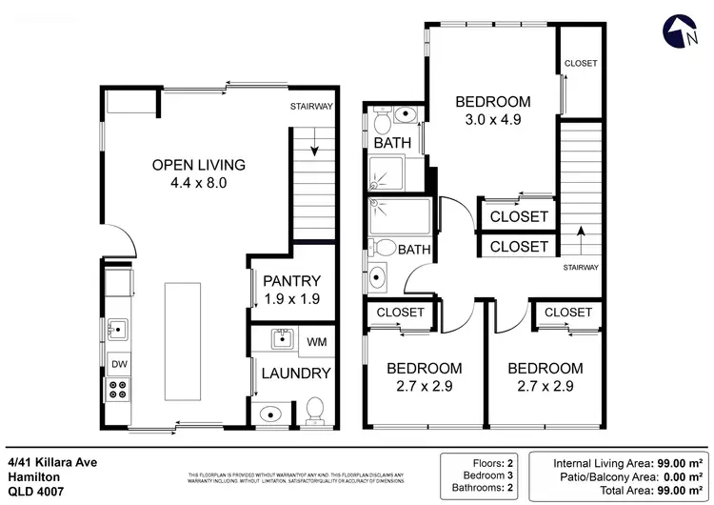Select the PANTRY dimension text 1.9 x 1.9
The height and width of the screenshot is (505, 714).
click(x=291, y=298)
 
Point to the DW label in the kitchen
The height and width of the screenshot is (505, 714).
click(x=118, y=364)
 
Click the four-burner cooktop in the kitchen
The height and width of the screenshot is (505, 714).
click(x=119, y=389)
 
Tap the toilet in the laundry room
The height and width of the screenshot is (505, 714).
click(x=315, y=411)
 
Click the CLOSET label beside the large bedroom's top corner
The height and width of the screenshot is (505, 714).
click(x=581, y=63)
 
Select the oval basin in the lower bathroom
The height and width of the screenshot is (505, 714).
click(x=377, y=278)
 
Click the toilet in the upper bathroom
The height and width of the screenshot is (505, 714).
click(x=383, y=122)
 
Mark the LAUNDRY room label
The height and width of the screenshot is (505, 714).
click(x=297, y=374)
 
